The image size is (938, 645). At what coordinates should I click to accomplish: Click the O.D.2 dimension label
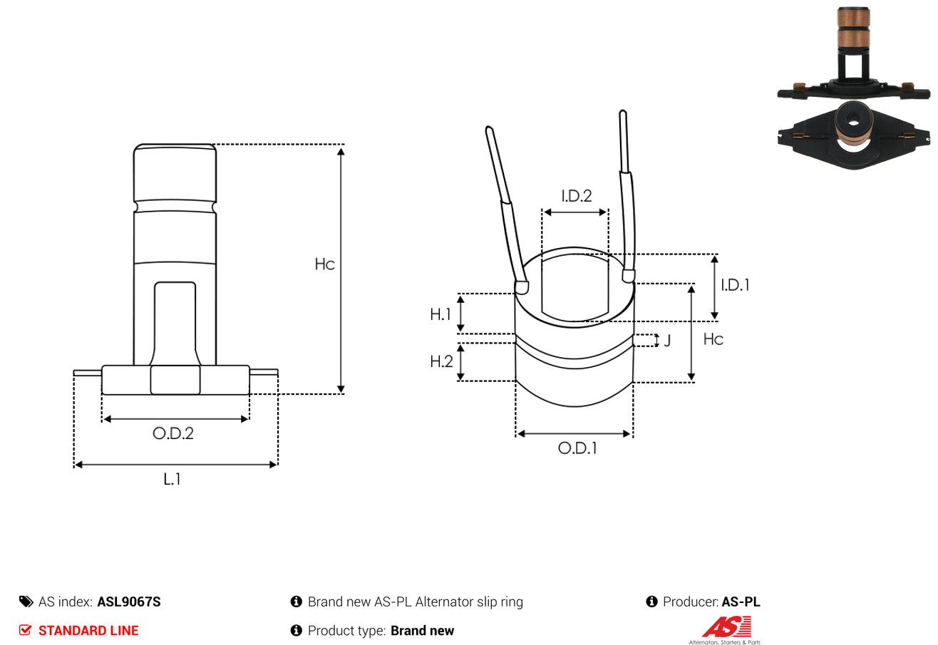pos(173,433)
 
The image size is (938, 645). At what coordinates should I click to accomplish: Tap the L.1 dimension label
pos(172,479)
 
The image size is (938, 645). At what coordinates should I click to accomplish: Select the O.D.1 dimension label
pos(577,448)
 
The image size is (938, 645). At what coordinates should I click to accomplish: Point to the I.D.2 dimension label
pos(577,195)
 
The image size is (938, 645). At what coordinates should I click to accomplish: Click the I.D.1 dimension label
pos(735,285)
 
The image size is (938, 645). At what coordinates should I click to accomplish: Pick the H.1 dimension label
pos(440,314)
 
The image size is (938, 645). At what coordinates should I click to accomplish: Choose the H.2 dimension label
pos(441,361)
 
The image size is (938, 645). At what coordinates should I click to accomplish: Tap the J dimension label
pos(667,341)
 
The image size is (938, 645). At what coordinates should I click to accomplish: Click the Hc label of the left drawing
pos(324,264)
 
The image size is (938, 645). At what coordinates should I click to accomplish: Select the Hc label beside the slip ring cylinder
pos(713,339)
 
